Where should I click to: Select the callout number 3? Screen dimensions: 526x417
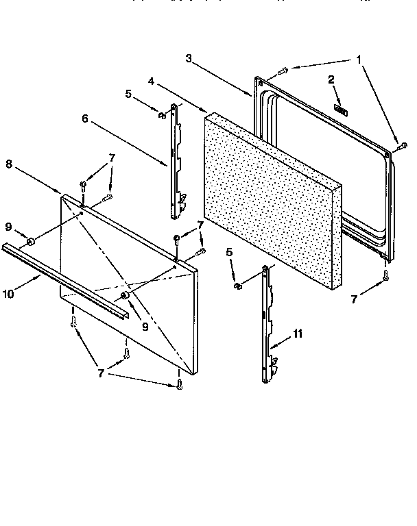coord(189,58)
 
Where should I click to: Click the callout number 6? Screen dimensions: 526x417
coord(85,118)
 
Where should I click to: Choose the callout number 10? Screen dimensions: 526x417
coord(8,295)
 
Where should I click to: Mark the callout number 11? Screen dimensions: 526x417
coord(297,335)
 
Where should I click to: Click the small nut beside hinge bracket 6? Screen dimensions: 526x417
coord(163,114)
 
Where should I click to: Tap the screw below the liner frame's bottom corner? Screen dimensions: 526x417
coord(386,275)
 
